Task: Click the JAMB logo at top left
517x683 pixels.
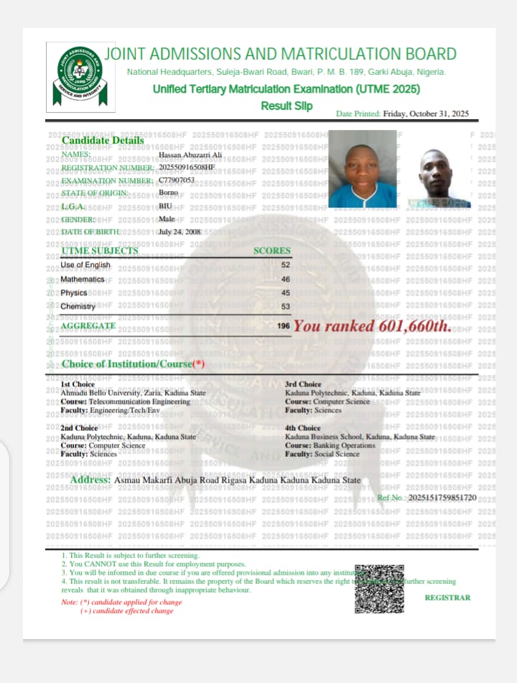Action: point(80,76)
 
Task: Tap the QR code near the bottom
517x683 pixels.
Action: point(379,588)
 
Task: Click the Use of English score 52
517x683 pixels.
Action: point(285,265)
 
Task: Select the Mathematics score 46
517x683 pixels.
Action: point(285,279)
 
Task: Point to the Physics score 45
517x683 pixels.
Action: point(285,293)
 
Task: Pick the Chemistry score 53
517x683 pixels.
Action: point(285,307)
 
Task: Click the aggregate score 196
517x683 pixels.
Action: point(284,326)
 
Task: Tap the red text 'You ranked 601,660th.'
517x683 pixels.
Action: point(373,325)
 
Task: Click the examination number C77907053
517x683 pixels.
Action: point(177,180)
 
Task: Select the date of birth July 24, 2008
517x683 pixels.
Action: point(180,232)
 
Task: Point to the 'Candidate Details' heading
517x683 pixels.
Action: point(103,140)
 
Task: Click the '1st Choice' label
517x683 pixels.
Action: point(78,384)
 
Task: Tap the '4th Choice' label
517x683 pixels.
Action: point(303,428)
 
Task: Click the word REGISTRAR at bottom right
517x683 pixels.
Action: point(447,598)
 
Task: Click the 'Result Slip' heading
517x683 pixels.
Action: point(287,106)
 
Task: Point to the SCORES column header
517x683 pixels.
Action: point(272,251)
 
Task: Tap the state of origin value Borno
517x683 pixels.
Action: point(168,193)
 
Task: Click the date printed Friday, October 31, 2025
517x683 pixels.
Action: point(426,113)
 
